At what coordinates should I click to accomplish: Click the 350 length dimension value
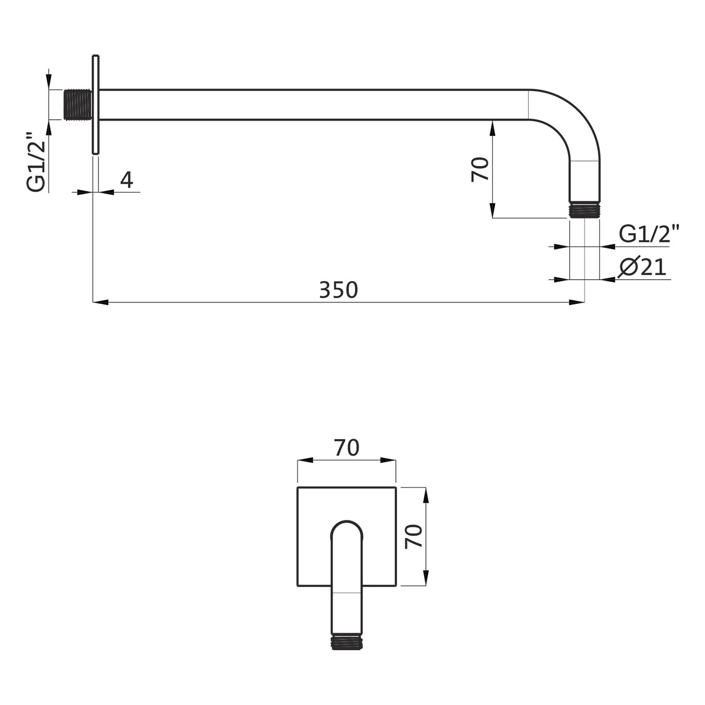338,290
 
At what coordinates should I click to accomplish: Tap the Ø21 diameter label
643,267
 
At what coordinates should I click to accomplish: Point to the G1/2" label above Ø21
650,234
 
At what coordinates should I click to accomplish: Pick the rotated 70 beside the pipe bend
480,170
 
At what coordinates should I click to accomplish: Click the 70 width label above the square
347,448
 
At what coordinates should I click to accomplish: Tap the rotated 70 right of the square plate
414,536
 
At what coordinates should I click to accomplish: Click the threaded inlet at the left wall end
78,104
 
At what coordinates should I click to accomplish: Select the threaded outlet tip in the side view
585,210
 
